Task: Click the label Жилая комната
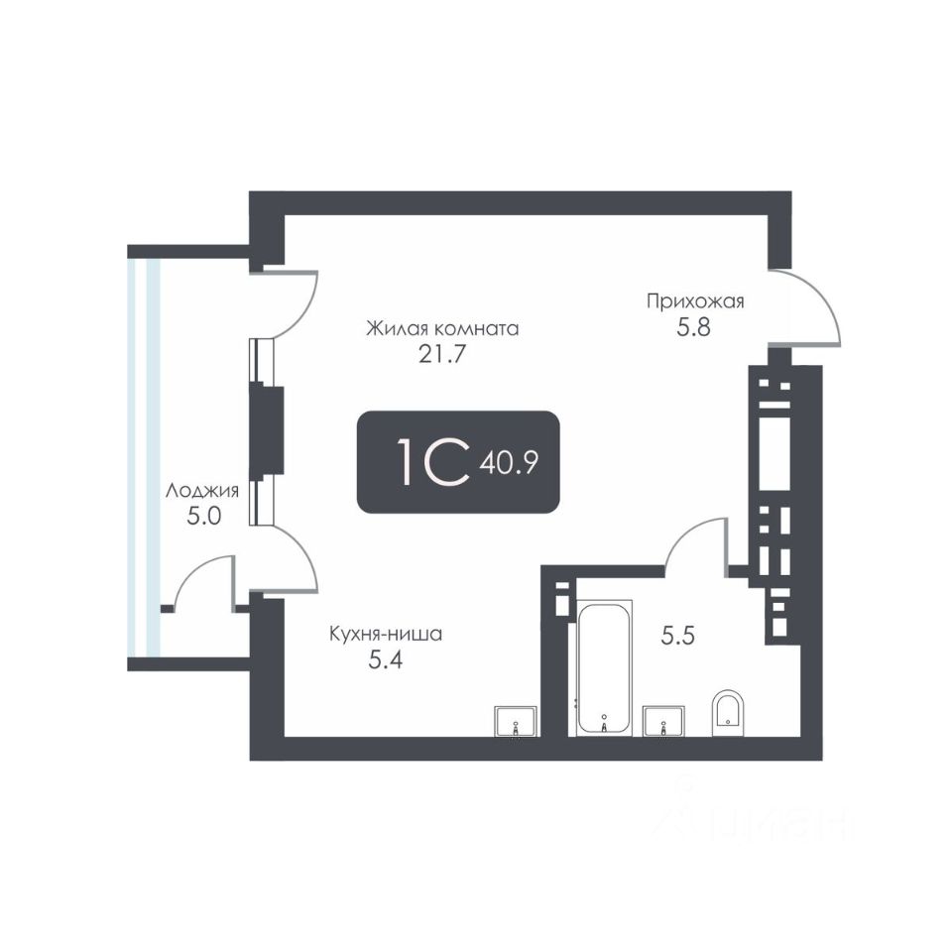pyautogui.click(x=442, y=328)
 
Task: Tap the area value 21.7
pyautogui.click(x=442, y=354)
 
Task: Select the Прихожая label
pyautogui.click(x=694, y=301)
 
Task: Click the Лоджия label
pyautogui.click(x=202, y=491)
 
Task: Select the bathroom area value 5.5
pyautogui.click(x=677, y=636)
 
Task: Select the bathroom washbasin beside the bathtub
pyautogui.click(x=663, y=720)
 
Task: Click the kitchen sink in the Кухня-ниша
pyautogui.click(x=516, y=721)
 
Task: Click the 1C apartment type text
pyautogui.click(x=431, y=462)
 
